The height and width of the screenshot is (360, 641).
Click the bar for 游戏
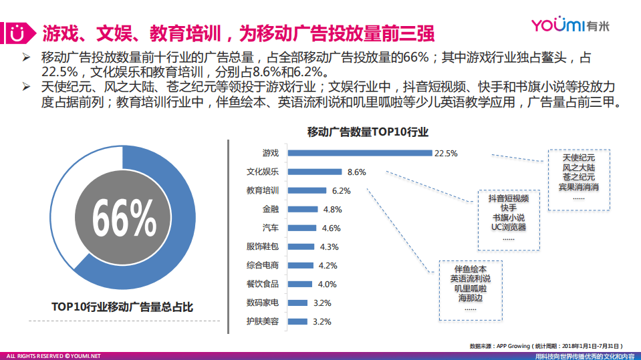click(x=360, y=153)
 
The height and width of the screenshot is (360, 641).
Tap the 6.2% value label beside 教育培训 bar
click(x=340, y=190)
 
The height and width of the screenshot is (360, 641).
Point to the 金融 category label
click(x=270, y=209)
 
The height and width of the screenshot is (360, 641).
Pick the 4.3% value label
click(x=330, y=246)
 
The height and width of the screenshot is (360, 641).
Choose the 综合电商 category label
click(x=263, y=265)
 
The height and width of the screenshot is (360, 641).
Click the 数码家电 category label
click(x=263, y=303)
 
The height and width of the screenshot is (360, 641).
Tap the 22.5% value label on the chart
click(x=446, y=153)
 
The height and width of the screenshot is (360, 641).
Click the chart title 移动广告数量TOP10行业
click(x=368, y=132)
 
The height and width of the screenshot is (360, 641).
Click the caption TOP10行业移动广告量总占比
click(x=122, y=307)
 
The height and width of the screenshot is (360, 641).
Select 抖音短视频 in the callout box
click(x=509, y=198)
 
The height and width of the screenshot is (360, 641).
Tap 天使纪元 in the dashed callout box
click(x=578, y=157)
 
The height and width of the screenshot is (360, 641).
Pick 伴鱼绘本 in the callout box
click(x=469, y=269)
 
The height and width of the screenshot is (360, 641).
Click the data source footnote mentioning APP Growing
click(x=546, y=346)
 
